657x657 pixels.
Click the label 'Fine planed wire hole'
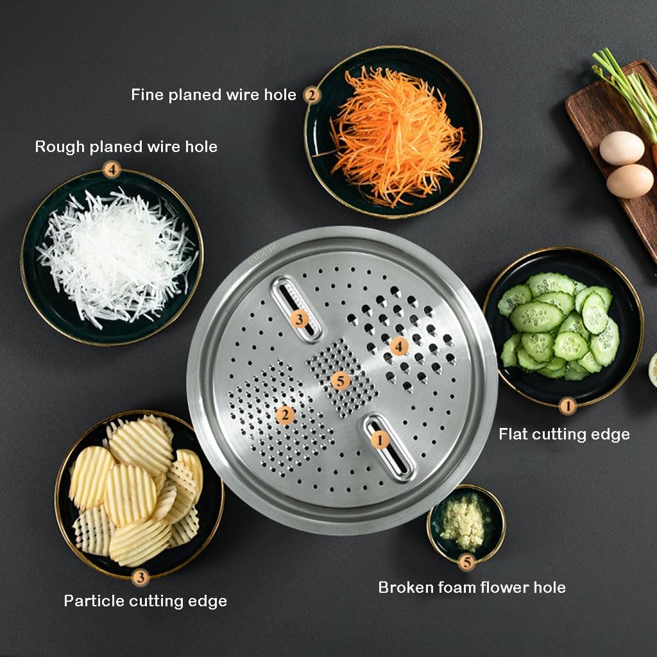point(213,95)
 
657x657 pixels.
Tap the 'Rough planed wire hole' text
point(126,147)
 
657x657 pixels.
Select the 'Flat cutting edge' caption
point(564,434)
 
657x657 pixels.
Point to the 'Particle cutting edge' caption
point(145,601)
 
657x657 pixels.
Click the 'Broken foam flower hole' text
point(472,587)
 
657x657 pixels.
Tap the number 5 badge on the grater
point(341,381)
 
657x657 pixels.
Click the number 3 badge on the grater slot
point(299,318)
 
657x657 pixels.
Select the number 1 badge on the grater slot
point(379,440)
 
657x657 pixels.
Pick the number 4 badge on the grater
point(398,346)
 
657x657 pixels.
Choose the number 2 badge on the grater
point(286,415)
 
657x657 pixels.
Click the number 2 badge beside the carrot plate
point(311,96)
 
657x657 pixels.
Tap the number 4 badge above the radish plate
point(112,171)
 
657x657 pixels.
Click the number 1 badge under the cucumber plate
point(567,405)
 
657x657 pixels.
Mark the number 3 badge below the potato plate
point(141,577)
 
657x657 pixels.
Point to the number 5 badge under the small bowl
point(466,562)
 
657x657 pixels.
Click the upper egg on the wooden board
point(621,148)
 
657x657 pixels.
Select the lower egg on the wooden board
point(629,181)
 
